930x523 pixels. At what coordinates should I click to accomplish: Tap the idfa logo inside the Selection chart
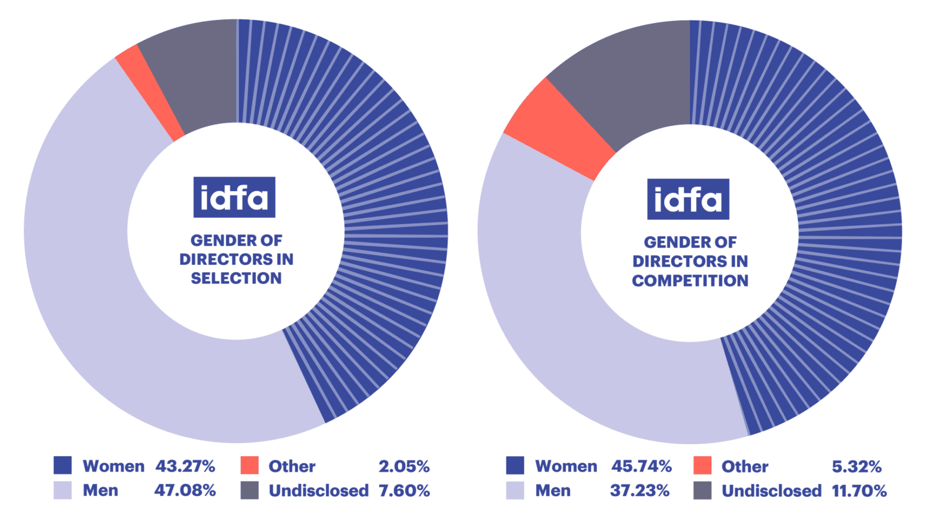point(234,197)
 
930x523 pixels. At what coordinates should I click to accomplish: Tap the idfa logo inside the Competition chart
point(688,199)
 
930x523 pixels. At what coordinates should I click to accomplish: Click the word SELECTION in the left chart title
point(236,278)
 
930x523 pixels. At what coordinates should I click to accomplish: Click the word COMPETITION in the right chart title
point(690,280)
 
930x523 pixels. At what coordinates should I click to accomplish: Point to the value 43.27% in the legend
point(185,466)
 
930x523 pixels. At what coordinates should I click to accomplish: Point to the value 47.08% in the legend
point(185,490)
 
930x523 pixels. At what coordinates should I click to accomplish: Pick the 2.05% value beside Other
point(404,466)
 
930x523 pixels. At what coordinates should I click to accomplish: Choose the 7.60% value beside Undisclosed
point(404,490)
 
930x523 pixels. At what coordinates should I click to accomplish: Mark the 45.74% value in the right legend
point(641,466)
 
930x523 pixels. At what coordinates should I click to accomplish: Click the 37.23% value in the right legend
point(639,490)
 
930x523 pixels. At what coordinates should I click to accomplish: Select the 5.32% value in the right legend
point(856,466)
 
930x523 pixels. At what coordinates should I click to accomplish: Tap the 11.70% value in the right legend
point(859,490)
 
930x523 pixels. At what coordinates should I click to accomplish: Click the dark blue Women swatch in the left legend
point(62,465)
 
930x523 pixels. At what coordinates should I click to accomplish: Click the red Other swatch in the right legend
point(702,465)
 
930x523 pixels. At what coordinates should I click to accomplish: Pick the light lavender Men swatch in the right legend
point(515,490)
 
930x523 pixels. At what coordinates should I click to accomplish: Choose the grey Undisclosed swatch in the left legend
point(249,490)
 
